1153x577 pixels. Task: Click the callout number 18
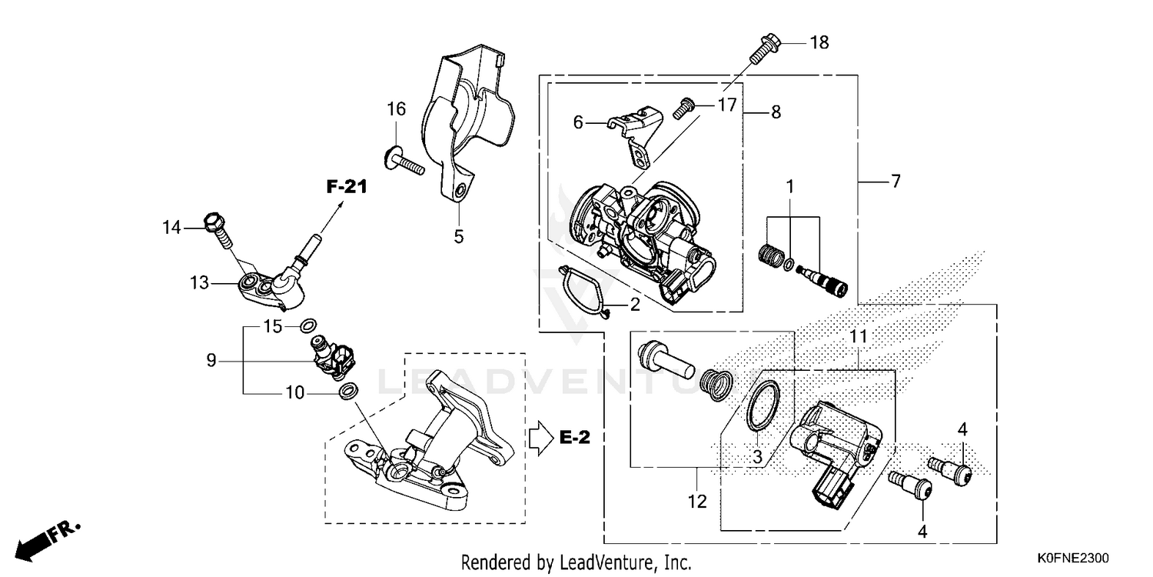819,42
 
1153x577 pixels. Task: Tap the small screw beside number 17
683,108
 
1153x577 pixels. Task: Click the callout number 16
396,109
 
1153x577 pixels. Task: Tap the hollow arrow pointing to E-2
540,438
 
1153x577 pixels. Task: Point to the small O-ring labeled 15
307,325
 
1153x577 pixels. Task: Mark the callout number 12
696,502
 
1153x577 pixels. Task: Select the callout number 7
895,182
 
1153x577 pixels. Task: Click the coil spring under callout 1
770,252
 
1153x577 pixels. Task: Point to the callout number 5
458,236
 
